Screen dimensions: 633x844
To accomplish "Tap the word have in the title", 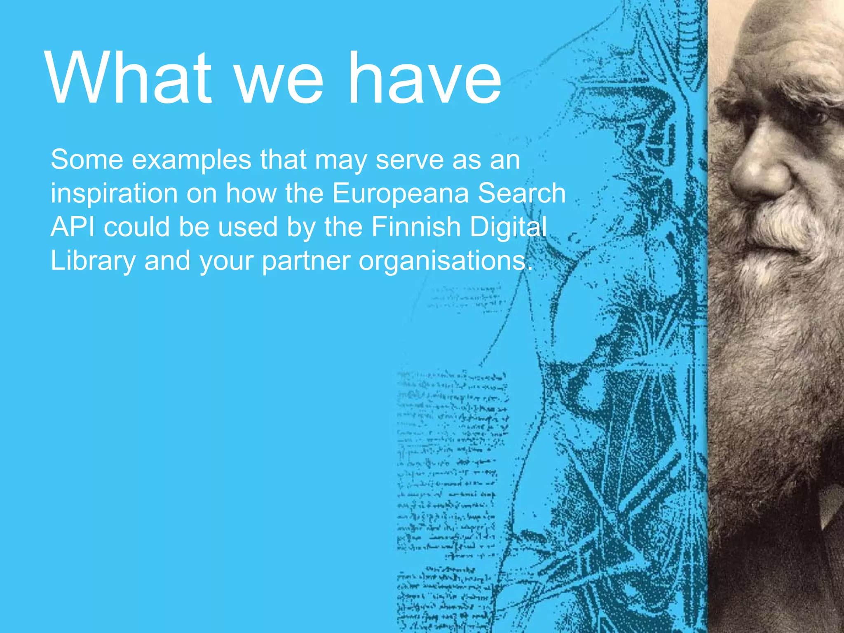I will coord(424,78).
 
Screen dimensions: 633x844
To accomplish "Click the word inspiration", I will coord(114,194).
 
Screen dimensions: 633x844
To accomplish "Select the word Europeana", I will coord(400,194).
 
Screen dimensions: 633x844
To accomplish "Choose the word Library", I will coord(93,261).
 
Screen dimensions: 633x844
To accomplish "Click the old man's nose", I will coord(756,173).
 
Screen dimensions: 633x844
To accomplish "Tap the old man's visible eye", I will coord(814,117).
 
